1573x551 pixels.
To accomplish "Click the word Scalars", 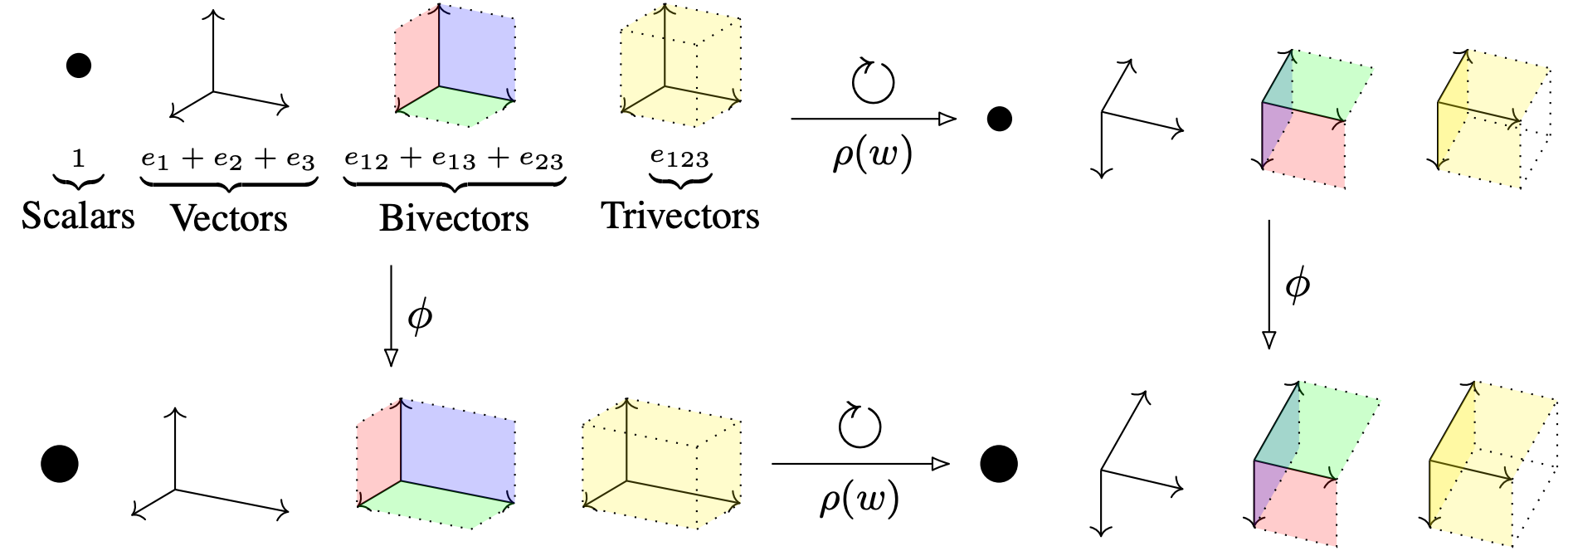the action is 77,216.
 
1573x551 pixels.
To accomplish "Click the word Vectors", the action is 229,218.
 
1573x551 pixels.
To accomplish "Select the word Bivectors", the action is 454,218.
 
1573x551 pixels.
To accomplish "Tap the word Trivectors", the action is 680,216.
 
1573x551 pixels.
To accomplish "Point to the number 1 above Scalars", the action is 78,158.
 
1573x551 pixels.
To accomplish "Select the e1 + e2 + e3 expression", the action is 228,159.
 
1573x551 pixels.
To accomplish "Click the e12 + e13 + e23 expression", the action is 454,159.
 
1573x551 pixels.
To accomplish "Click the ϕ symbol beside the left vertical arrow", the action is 420,316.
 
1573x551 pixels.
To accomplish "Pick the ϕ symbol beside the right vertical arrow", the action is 1297,285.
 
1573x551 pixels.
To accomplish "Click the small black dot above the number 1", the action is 78,65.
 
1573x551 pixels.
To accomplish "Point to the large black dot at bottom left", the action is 60,463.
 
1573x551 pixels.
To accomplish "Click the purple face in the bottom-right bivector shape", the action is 1267,490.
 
